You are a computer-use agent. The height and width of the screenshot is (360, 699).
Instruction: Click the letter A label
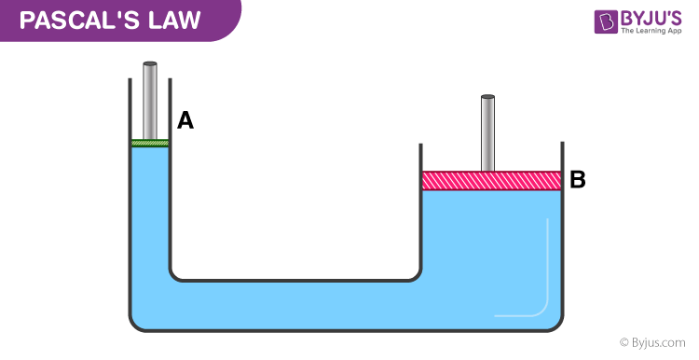coord(185,120)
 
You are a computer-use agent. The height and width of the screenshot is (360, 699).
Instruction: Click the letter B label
coord(578,180)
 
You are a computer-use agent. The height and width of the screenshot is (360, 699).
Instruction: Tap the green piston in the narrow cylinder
coord(149,143)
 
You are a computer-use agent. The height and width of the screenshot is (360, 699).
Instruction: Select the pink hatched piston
coord(491,180)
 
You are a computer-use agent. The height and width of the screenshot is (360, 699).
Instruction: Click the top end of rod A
coord(149,65)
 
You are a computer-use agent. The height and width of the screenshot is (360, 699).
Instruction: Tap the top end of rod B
coord(487,98)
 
